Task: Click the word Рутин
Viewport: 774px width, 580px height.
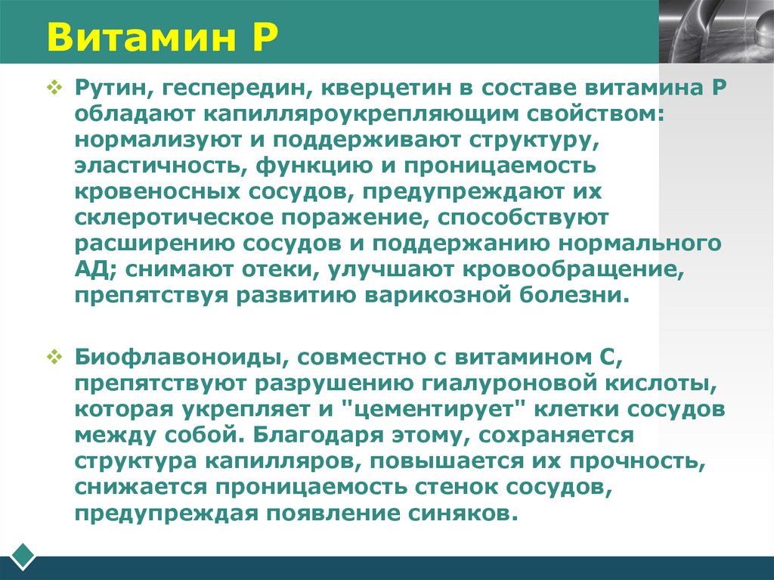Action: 110,90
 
